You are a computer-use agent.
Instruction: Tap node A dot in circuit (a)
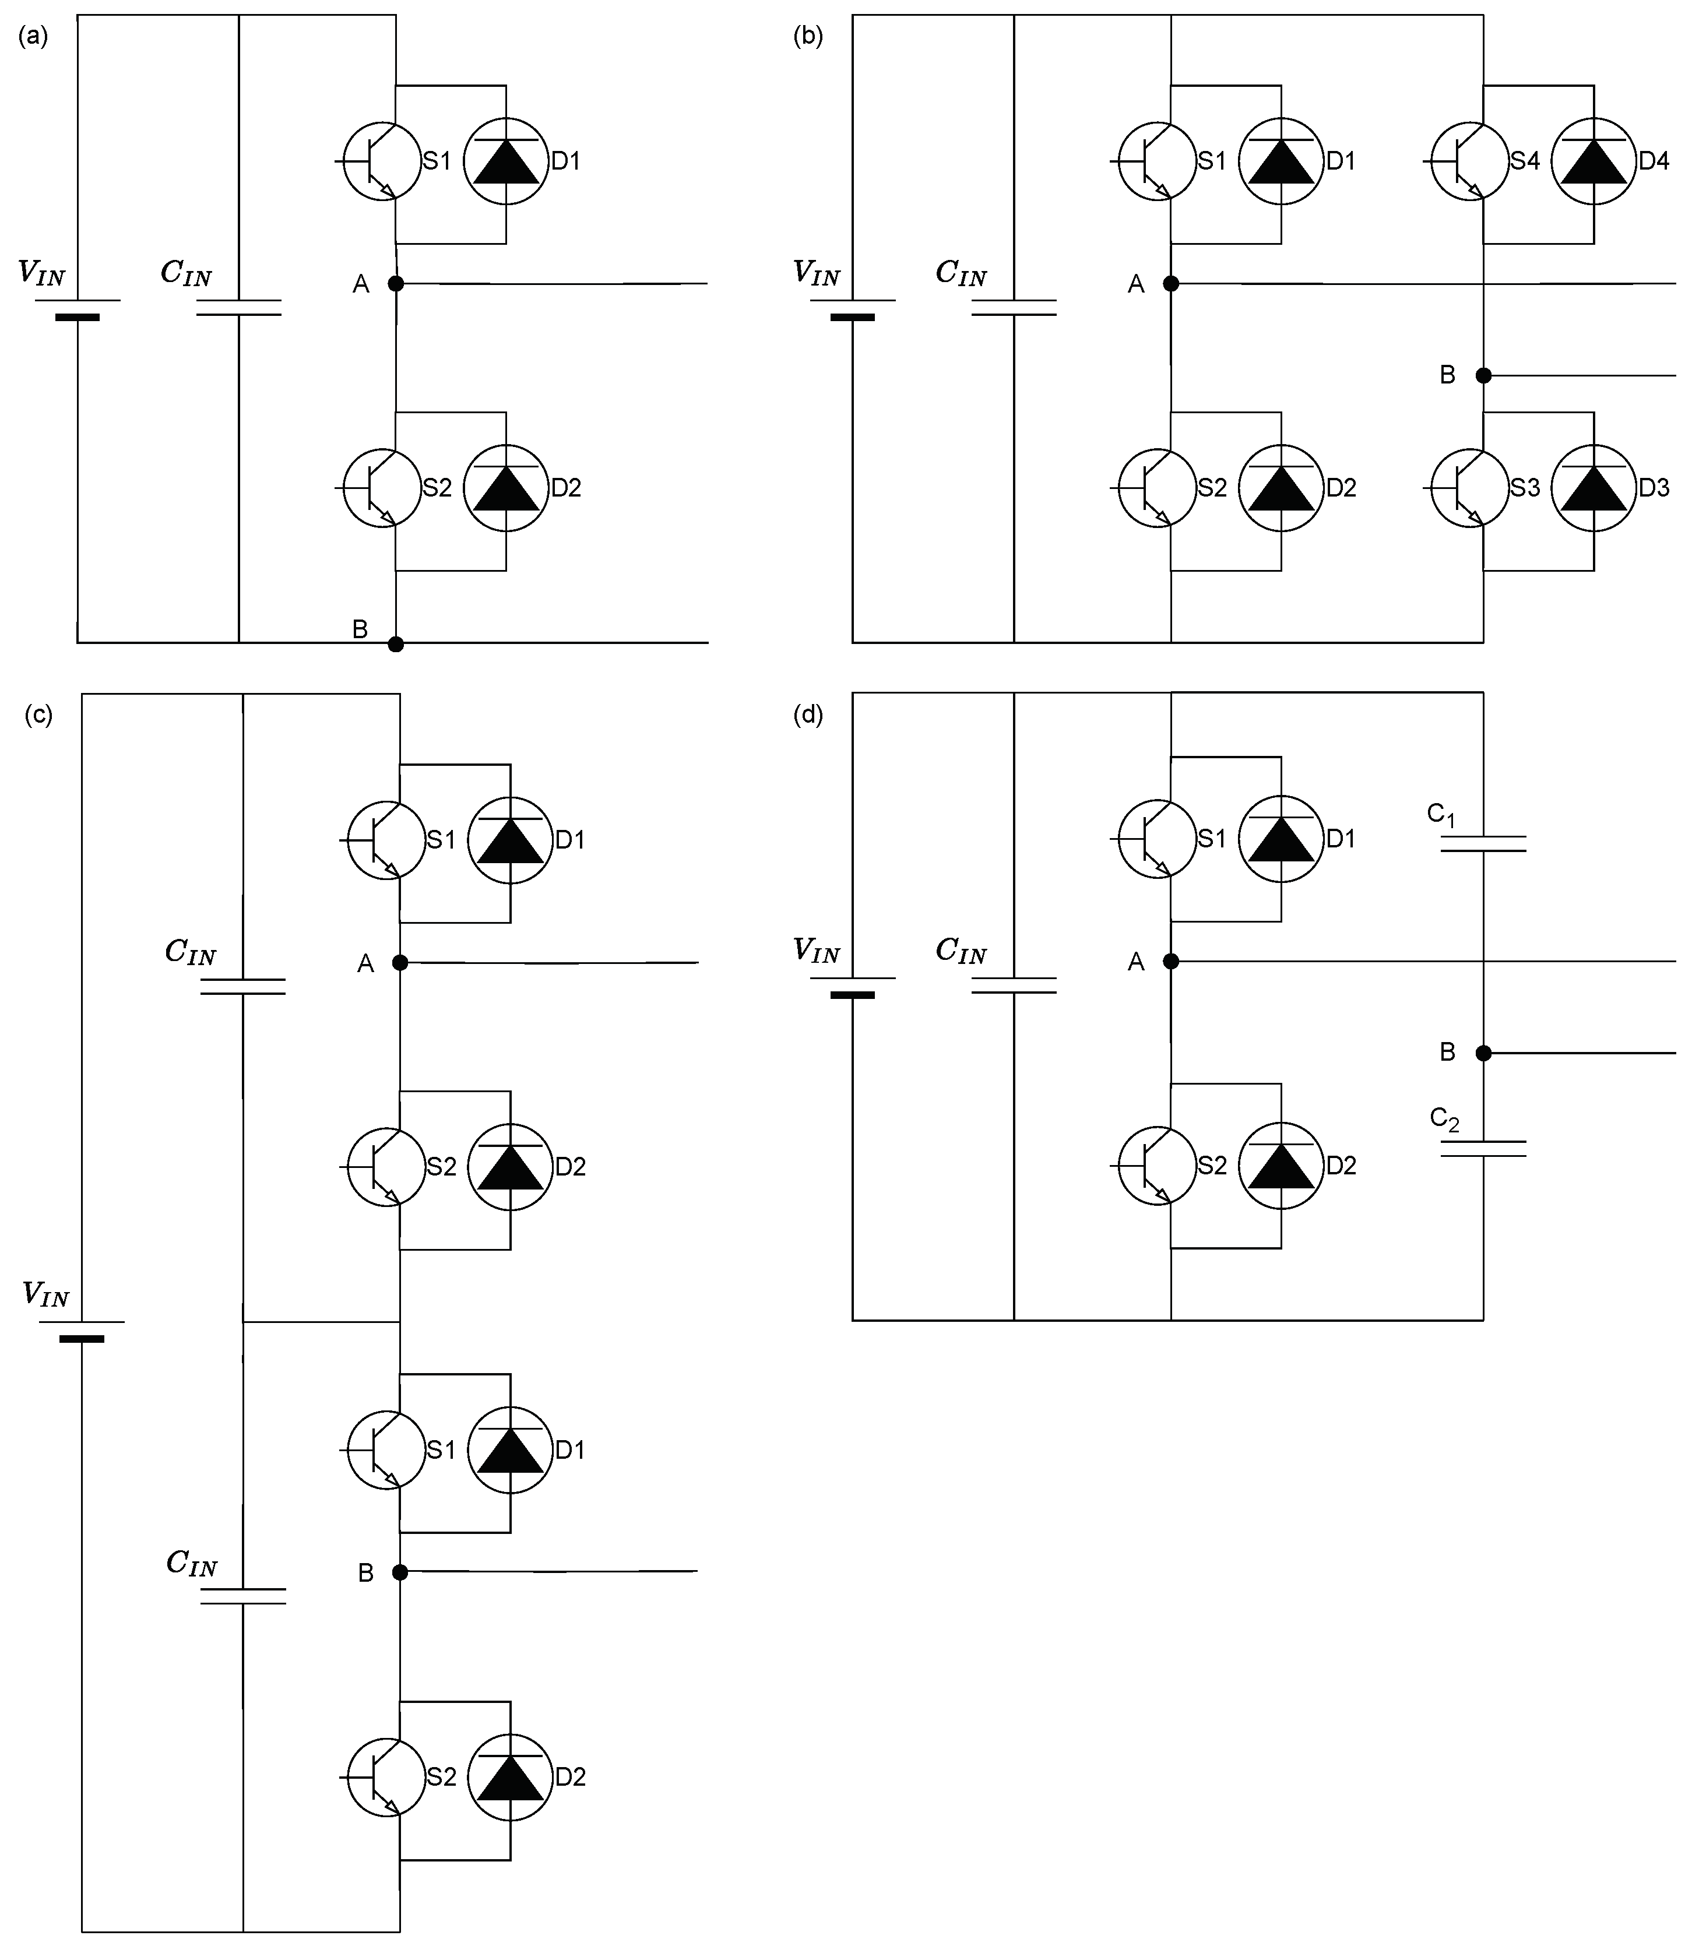click(x=396, y=283)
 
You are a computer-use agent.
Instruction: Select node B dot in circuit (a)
click(x=396, y=645)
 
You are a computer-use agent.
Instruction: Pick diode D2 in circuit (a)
click(x=506, y=487)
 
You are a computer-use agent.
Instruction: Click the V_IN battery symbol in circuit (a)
click(x=78, y=309)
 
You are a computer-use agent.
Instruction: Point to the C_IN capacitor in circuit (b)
click(x=1015, y=308)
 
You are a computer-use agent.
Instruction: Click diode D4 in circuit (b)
click(x=1593, y=161)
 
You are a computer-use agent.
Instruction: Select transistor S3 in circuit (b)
click(x=1469, y=487)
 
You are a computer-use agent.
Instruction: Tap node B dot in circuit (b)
click(x=1484, y=375)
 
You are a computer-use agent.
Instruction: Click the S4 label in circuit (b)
click(x=1525, y=161)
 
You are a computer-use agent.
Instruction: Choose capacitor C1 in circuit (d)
click(x=1484, y=843)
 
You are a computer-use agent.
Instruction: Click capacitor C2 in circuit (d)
click(x=1484, y=1149)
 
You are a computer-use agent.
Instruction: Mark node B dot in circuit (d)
click(x=1484, y=1053)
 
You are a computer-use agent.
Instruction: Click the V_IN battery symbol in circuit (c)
click(x=82, y=1330)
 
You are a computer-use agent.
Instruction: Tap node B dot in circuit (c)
click(x=400, y=1572)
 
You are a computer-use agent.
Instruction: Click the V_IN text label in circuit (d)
click(x=817, y=951)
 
